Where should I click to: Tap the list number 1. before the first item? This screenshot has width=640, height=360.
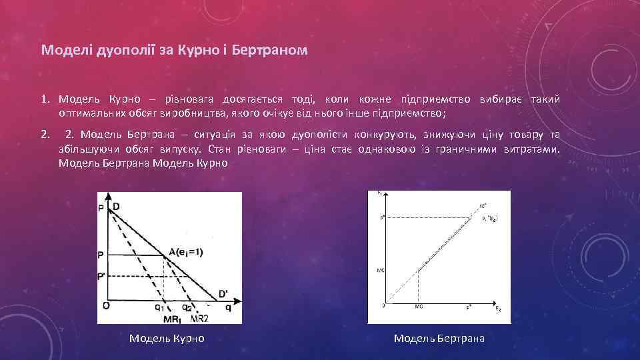(45, 99)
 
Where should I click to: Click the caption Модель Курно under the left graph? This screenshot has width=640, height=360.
(167, 339)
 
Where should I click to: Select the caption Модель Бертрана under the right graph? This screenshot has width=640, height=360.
(439, 339)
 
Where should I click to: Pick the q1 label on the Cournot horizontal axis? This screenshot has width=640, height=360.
(160, 308)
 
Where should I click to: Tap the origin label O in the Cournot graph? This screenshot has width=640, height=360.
(105, 306)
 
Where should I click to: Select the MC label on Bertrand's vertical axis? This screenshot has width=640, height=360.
(380, 269)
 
